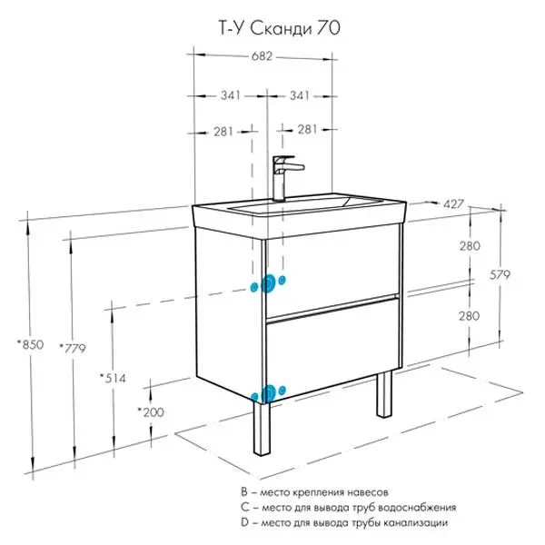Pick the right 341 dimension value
point(301,96)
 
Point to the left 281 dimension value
point(224,130)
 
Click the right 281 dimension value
point(306,130)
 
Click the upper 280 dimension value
point(470,246)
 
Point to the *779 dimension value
point(71,347)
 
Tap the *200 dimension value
point(151,411)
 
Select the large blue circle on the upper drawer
point(269,284)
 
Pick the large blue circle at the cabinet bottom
point(268,393)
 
